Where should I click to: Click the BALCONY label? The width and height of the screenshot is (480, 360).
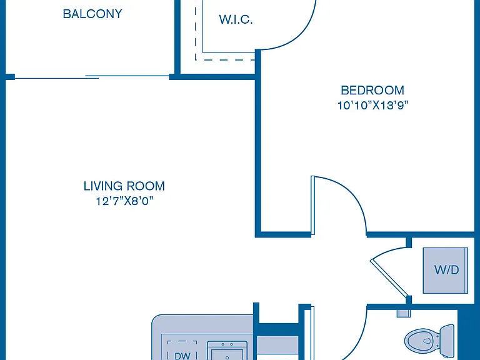92,14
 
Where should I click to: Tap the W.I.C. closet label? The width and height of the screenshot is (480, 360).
236,19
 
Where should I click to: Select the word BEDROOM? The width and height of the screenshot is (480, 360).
372,90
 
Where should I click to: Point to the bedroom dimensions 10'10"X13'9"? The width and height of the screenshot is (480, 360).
373,106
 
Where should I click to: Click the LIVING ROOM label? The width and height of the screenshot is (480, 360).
124,186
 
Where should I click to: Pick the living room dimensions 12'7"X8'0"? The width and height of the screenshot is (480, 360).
124,201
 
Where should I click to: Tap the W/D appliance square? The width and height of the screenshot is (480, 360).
446,270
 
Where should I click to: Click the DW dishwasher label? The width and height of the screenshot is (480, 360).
182,356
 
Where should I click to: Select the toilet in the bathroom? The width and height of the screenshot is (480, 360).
429,340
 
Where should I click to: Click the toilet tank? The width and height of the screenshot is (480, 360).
447,339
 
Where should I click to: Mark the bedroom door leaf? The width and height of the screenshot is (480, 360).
313,206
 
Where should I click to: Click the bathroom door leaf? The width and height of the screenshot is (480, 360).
312,333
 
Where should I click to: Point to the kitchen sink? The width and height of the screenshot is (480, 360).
227,351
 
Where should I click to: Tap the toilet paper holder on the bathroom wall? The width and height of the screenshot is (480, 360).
403,313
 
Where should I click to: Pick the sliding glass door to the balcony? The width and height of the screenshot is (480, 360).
92,77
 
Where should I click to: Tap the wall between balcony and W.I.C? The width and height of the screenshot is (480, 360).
177,37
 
